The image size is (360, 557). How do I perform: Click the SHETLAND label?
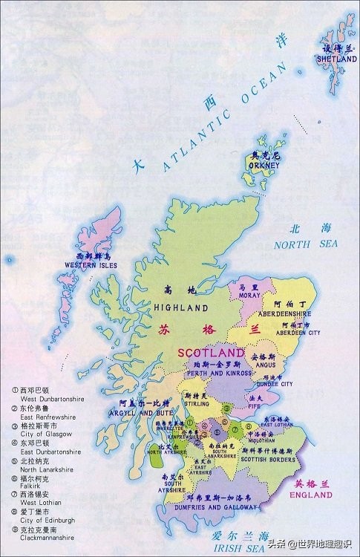click(331, 58)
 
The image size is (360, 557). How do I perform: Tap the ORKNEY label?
click(266, 165)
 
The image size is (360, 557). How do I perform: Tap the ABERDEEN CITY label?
click(300, 333)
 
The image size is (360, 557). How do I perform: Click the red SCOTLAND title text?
click(211, 351)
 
